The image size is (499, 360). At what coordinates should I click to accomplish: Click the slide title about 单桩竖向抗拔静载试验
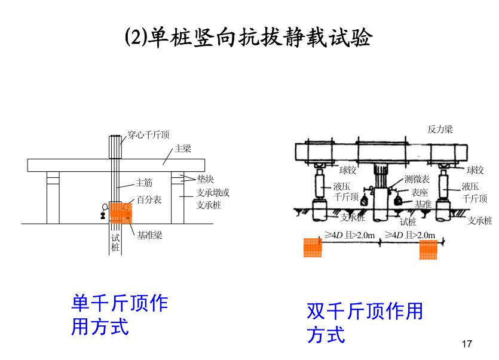[249, 37]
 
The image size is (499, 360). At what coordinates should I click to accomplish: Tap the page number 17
[467, 344]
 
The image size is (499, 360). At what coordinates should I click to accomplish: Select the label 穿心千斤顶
[149, 135]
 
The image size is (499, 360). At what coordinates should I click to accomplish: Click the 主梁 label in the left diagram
[182, 149]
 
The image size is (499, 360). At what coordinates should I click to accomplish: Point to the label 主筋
[144, 183]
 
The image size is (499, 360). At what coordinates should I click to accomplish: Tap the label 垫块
[205, 179]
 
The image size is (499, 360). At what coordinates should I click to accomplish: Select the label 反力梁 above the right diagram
[440, 128]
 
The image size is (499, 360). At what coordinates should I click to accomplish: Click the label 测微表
[417, 179]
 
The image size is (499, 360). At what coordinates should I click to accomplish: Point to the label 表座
[420, 192]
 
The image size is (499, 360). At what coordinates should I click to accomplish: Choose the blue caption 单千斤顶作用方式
[120, 315]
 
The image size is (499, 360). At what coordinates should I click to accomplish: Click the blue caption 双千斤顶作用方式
[365, 322]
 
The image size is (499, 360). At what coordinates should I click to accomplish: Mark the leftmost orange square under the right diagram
[313, 247]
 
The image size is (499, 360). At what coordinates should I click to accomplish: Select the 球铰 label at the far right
[476, 171]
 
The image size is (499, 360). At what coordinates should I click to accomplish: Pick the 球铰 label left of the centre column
[348, 171]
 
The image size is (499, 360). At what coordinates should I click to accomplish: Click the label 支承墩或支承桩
[213, 199]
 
